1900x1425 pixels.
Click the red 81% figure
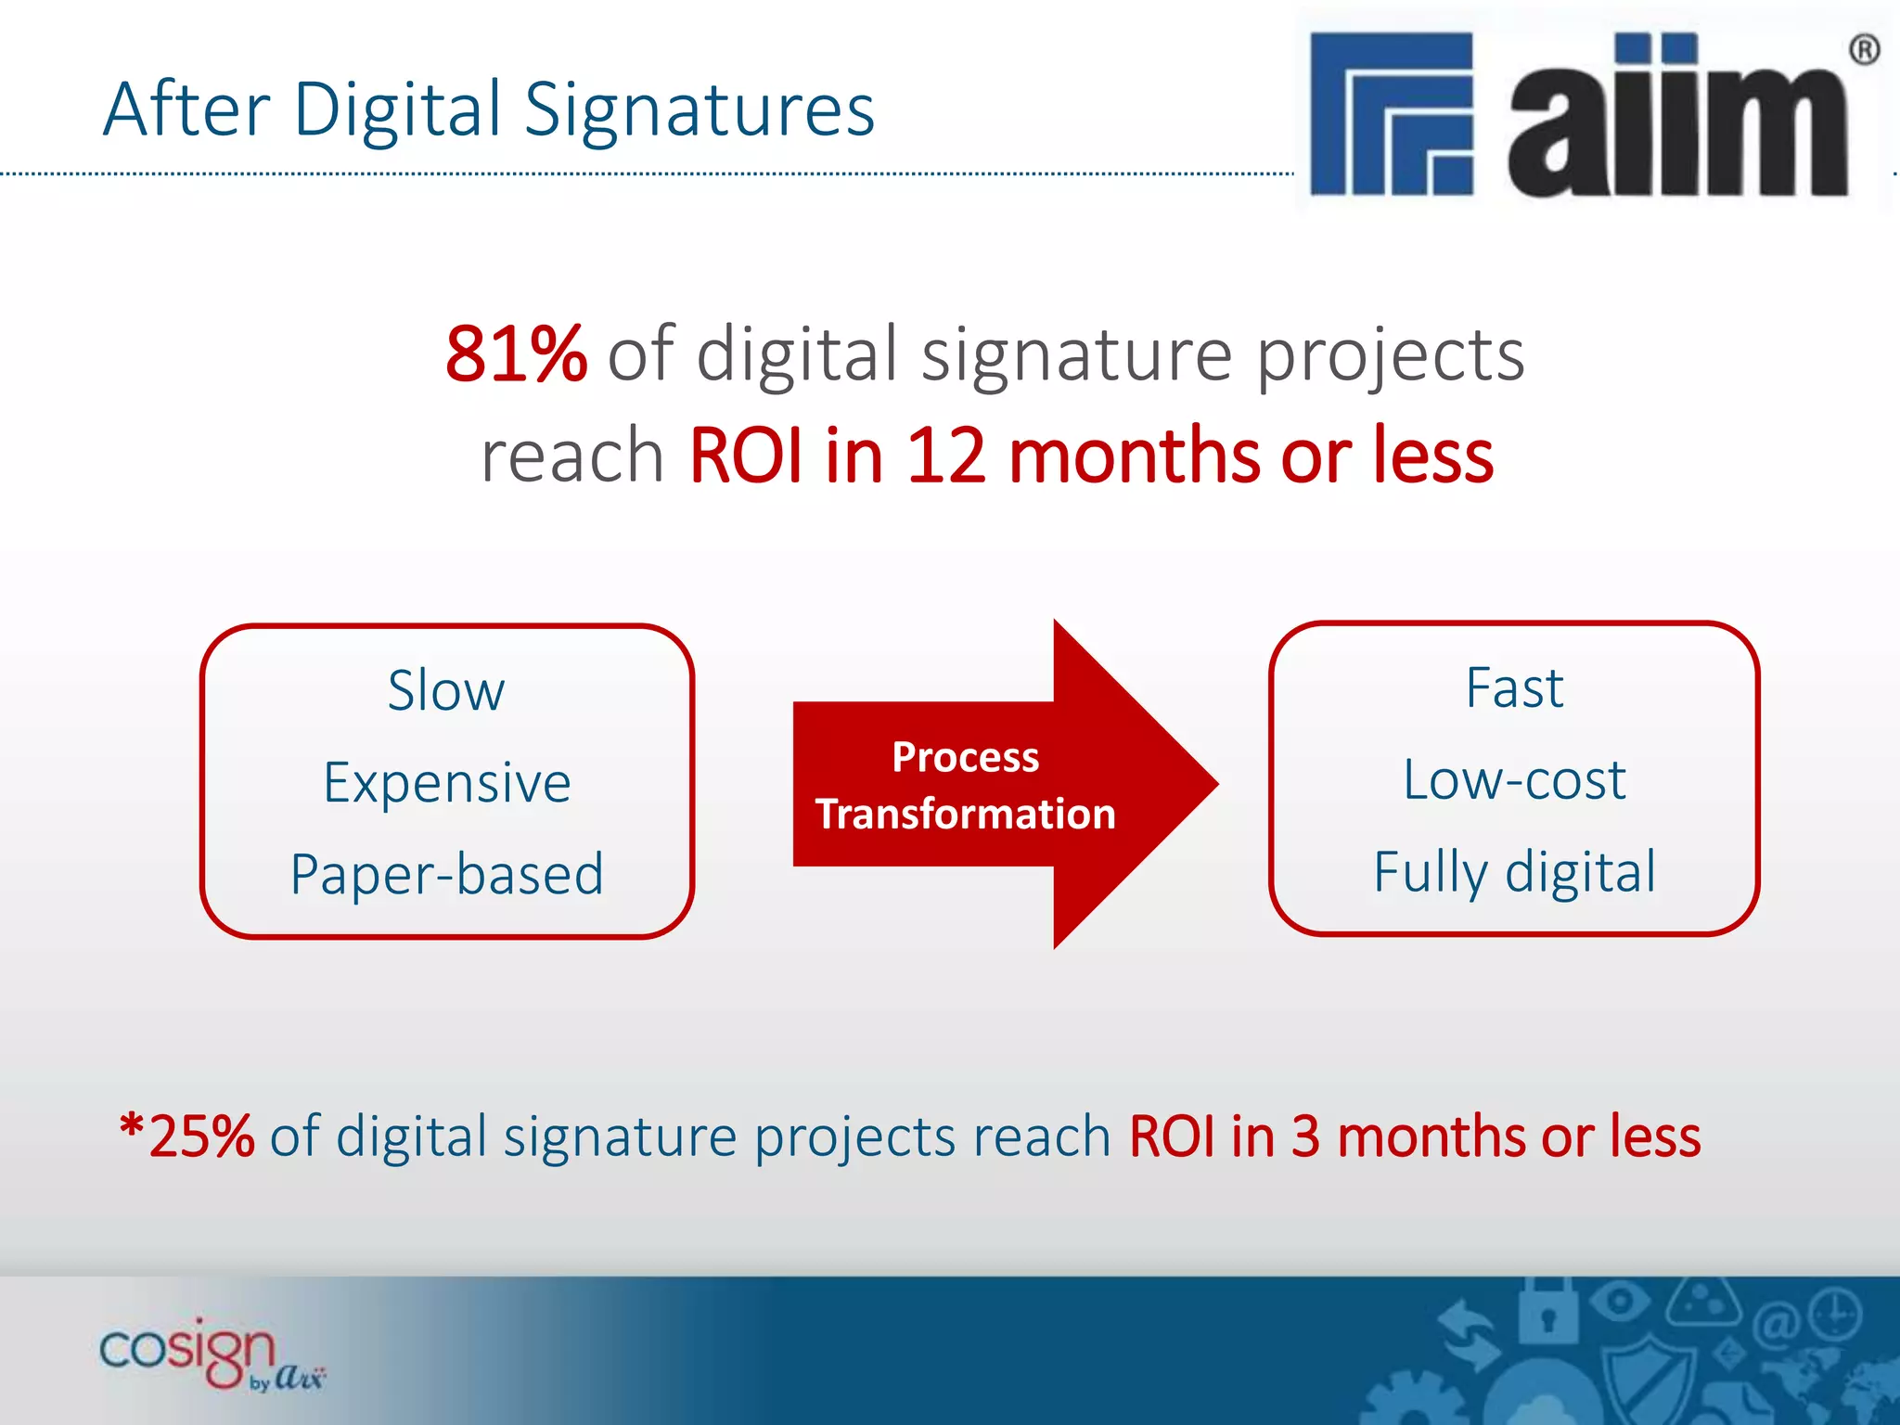[516, 354]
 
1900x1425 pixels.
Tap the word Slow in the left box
[446, 691]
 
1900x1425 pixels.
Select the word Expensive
[446, 782]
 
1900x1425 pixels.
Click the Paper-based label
[446, 874]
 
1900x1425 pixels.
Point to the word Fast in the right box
[1514, 688]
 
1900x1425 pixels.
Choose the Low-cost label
[1514, 779]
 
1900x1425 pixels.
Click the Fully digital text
[1514, 872]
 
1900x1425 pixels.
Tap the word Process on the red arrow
[965, 757]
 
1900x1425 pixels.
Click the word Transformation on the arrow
[965, 815]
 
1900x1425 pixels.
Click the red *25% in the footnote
[188, 1136]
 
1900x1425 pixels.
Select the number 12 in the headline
[945, 456]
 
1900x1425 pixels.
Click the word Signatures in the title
[700, 109]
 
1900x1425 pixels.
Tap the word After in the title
[186, 109]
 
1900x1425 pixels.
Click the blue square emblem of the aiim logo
[1391, 113]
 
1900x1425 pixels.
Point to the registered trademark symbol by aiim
[1865, 49]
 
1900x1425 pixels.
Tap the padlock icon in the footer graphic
[1547, 1315]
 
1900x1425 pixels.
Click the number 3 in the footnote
[1305, 1136]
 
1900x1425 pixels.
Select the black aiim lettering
[1677, 118]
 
